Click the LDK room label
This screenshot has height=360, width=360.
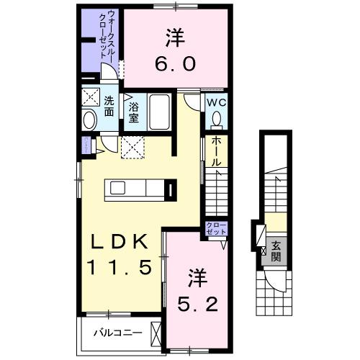[120, 240]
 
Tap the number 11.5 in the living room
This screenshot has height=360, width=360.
[120, 268]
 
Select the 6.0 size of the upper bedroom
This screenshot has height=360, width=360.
[173, 63]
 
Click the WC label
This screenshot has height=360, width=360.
[217, 103]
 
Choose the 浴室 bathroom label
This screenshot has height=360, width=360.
[134, 112]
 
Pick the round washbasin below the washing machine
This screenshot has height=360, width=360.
[90, 120]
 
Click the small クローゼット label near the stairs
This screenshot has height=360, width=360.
[215, 230]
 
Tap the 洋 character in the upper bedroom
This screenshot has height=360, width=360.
[173, 36]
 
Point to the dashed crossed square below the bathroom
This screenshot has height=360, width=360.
[133, 146]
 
